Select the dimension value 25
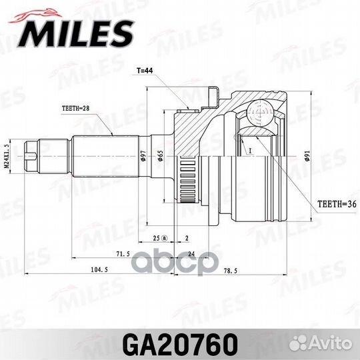coord(154,237)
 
